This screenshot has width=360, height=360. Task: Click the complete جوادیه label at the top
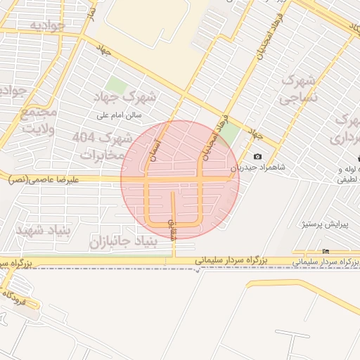(x=48, y=25)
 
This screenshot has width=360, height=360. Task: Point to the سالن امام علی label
(x=120, y=114)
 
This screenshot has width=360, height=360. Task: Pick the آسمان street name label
(x=153, y=148)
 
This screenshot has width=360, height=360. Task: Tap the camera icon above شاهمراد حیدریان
(x=257, y=156)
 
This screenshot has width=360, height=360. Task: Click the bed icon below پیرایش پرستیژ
(x=325, y=251)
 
